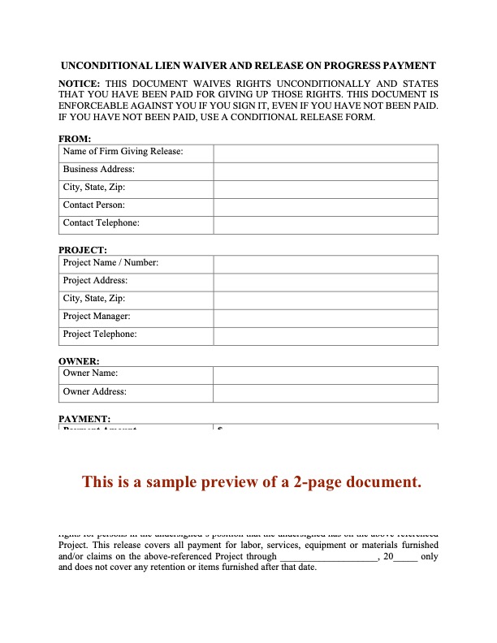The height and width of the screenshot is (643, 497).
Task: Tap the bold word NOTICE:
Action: pyautogui.click(x=79, y=84)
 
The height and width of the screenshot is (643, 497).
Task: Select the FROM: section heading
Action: pyautogui.click(x=75, y=139)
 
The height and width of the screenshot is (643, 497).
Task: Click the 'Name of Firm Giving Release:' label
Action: pyautogui.click(x=123, y=152)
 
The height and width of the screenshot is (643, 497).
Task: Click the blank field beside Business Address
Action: pyautogui.click(x=326, y=170)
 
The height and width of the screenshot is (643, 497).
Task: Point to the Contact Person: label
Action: pyautogui.click(x=93, y=205)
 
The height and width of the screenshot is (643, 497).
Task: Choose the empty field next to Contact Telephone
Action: pyautogui.click(x=326, y=224)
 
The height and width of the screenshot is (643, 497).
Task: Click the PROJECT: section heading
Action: pyautogui.click(x=83, y=250)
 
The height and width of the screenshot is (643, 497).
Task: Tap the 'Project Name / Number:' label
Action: pyautogui.click(x=110, y=263)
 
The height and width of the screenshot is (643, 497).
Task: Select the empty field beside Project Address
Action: pyautogui.click(x=326, y=282)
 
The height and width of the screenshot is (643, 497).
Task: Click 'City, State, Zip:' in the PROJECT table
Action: pyautogui.click(x=93, y=299)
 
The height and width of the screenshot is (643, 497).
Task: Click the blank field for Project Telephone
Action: pyautogui.click(x=326, y=335)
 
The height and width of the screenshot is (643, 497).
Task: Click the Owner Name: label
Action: pyautogui.click(x=90, y=373)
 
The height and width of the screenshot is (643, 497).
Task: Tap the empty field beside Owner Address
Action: pyautogui.click(x=326, y=393)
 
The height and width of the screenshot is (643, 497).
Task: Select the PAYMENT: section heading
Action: pyautogui.click(x=84, y=419)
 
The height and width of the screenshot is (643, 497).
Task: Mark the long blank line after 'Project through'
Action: pyautogui.click(x=328, y=558)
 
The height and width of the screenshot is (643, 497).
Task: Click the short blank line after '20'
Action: pyautogui.click(x=405, y=558)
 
